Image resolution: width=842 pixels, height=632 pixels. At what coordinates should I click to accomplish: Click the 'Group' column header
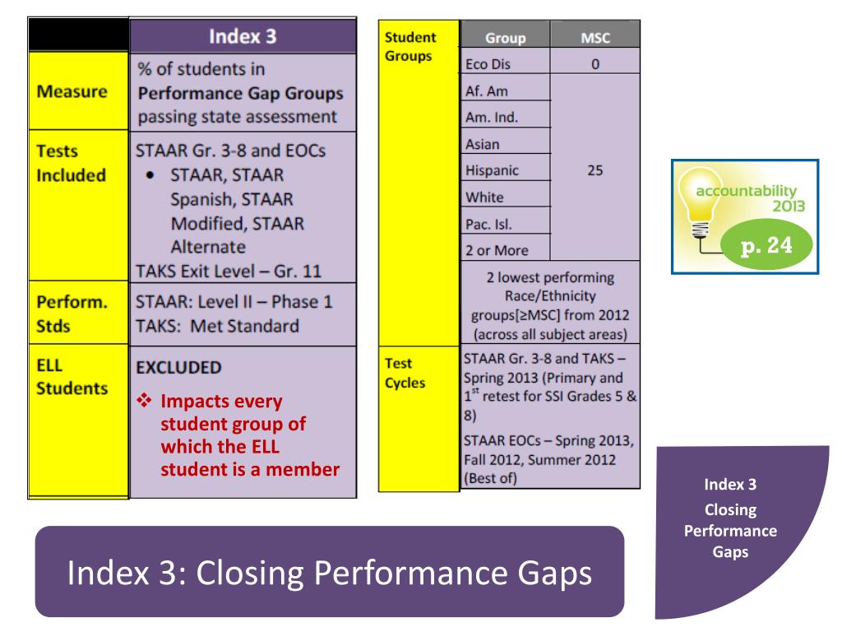pyautogui.click(x=505, y=37)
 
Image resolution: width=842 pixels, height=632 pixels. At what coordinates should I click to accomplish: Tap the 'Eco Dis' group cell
pyautogui.click(x=484, y=63)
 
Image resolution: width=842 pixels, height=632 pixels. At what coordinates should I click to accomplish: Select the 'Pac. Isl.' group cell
pyautogui.click(x=484, y=224)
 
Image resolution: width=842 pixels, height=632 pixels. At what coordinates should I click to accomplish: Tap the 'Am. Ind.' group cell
pyautogui.click(x=488, y=117)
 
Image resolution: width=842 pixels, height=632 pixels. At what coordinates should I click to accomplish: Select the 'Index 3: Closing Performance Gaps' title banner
pyautogui.click(x=329, y=573)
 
